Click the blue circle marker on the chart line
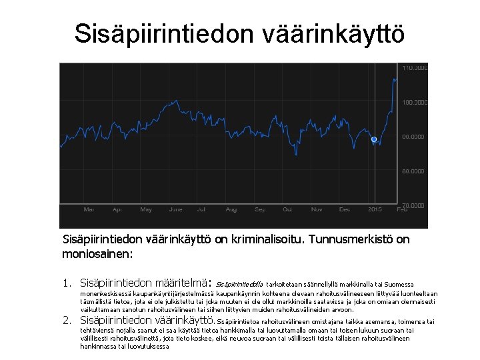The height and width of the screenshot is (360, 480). [x=374, y=139]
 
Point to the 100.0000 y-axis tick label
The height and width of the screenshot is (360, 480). [x=414, y=102]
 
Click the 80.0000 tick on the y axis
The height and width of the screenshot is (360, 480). [x=414, y=171]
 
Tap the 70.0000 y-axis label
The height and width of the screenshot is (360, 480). [x=414, y=204]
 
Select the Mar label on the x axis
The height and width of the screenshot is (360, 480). [x=89, y=209]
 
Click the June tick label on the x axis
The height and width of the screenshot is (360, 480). [x=176, y=209]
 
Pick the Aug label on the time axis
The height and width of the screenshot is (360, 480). [x=231, y=209]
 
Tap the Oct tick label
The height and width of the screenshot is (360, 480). [x=287, y=209]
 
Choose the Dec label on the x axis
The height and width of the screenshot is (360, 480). [x=344, y=209]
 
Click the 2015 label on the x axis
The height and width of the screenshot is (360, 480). [x=375, y=209]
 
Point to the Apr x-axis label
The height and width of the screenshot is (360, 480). [x=117, y=209]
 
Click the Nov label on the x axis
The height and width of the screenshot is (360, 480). [x=316, y=209]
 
